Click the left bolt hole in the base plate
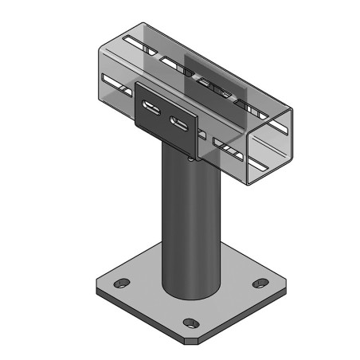tap(120, 284)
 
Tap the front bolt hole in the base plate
tap(190, 323)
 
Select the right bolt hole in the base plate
tap(260, 283)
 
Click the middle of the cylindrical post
tap(190, 223)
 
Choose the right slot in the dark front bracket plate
tap(181, 123)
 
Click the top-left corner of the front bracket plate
tap(136, 85)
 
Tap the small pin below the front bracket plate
tap(192, 158)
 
